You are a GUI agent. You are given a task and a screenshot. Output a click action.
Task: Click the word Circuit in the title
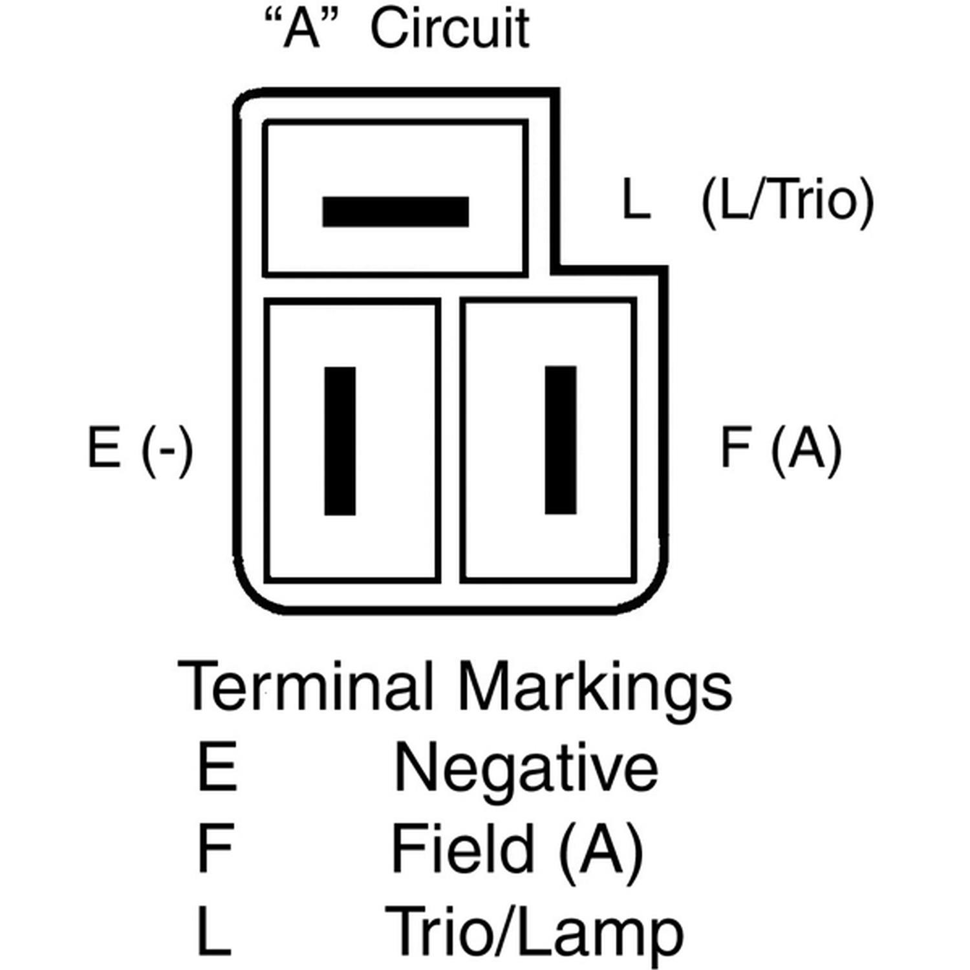(x=449, y=29)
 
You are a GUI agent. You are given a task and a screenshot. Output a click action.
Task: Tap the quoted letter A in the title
(x=302, y=29)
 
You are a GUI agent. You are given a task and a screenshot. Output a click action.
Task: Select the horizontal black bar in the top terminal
(x=395, y=212)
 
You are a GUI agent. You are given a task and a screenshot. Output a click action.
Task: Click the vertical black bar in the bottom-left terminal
(x=339, y=441)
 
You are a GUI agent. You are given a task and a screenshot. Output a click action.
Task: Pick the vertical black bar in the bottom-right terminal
(x=561, y=440)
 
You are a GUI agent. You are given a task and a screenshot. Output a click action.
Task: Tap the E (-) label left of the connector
(x=140, y=448)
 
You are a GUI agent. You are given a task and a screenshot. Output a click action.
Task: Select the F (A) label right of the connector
(x=781, y=448)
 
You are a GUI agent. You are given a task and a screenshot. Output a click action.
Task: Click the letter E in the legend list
(x=217, y=768)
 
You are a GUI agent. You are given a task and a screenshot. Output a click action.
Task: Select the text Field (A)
(x=517, y=849)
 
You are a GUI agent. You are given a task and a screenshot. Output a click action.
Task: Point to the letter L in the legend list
(x=214, y=931)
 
